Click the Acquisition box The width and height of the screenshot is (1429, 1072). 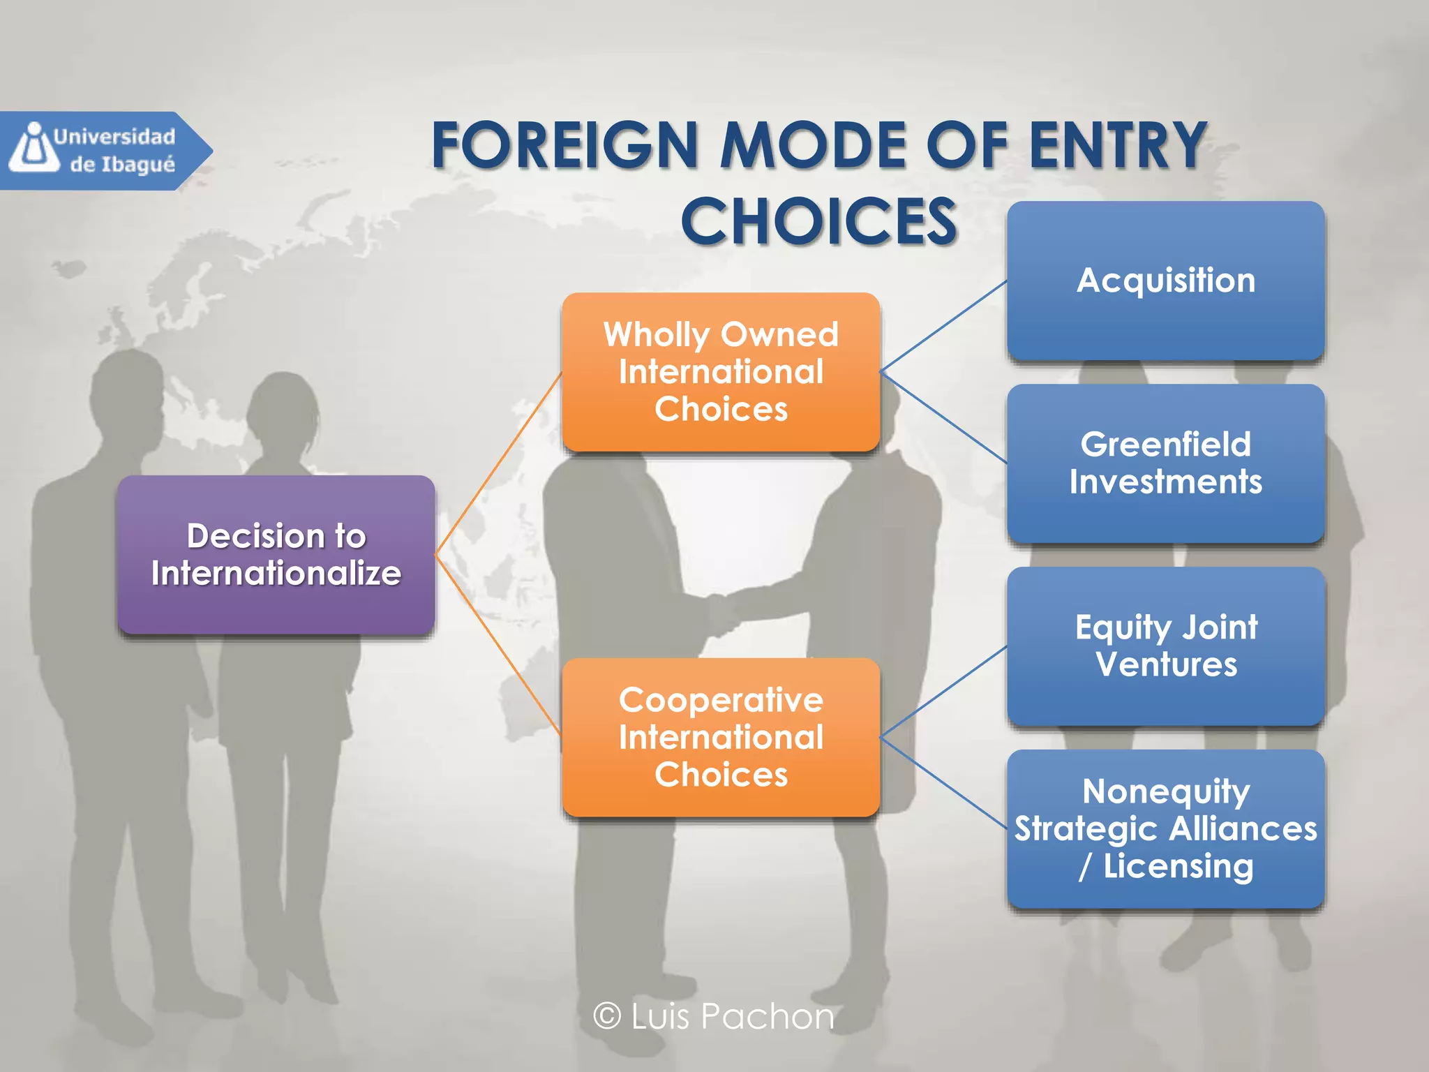(1165, 281)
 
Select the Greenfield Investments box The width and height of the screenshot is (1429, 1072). (1165, 463)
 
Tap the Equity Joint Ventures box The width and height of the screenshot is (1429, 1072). (1165, 646)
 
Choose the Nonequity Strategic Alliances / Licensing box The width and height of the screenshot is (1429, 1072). (1165, 829)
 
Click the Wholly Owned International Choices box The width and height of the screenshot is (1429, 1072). (721, 372)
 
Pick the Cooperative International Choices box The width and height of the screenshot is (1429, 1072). (721, 737)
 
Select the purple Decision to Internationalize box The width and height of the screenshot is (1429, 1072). (276, 555)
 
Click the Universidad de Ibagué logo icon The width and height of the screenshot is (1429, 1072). (33, 148)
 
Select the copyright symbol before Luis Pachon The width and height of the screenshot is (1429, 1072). (607, 1015)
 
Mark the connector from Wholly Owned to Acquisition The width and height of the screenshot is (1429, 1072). (943, 326)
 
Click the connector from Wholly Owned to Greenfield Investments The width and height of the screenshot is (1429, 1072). (943, 417)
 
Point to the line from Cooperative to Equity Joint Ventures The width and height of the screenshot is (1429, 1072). (943, 692)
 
